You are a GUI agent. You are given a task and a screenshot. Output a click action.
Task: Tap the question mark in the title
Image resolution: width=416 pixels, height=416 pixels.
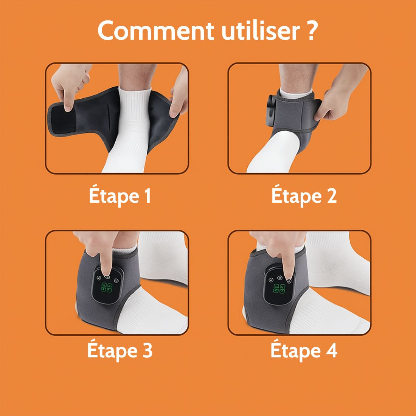tap(311, 31)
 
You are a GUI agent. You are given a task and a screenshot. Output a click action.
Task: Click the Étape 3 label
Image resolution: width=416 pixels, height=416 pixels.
tap(120, 351)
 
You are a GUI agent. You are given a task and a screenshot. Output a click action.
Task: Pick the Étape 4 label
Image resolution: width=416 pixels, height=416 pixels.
tap(304, 351)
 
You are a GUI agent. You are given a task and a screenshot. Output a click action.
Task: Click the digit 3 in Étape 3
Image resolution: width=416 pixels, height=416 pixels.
tap(147, 351)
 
